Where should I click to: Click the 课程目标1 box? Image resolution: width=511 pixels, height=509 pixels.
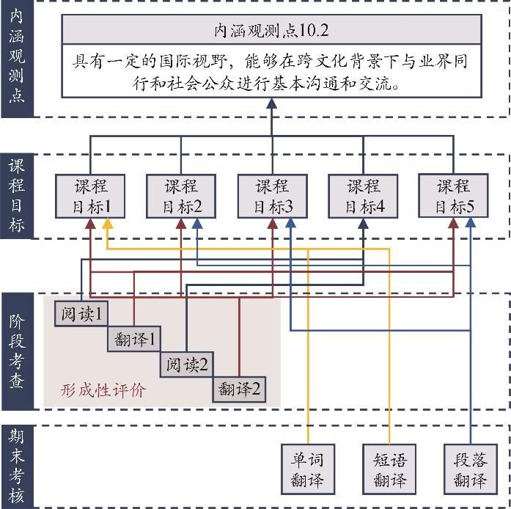coord(91,196)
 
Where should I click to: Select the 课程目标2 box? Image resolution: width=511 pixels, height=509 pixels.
coord(181,196)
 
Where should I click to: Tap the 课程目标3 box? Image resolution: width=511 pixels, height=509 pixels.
coord(272,196)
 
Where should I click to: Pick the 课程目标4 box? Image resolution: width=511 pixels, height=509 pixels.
coord(363,196)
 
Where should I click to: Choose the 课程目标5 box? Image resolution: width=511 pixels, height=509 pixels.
coord(454,196)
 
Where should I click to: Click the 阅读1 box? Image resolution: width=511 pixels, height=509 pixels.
coord(81,315)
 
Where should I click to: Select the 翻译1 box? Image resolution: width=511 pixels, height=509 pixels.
coord(133,340)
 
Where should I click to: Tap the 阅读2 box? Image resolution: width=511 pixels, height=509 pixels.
coord(186,364)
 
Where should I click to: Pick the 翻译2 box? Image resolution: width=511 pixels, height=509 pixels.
coord(240,389)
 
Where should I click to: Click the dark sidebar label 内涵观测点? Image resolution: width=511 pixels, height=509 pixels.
coord(17,59)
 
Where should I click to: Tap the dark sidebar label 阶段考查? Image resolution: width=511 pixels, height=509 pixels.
coord(17,352)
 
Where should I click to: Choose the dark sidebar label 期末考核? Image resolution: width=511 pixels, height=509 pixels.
coord(17,467)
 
